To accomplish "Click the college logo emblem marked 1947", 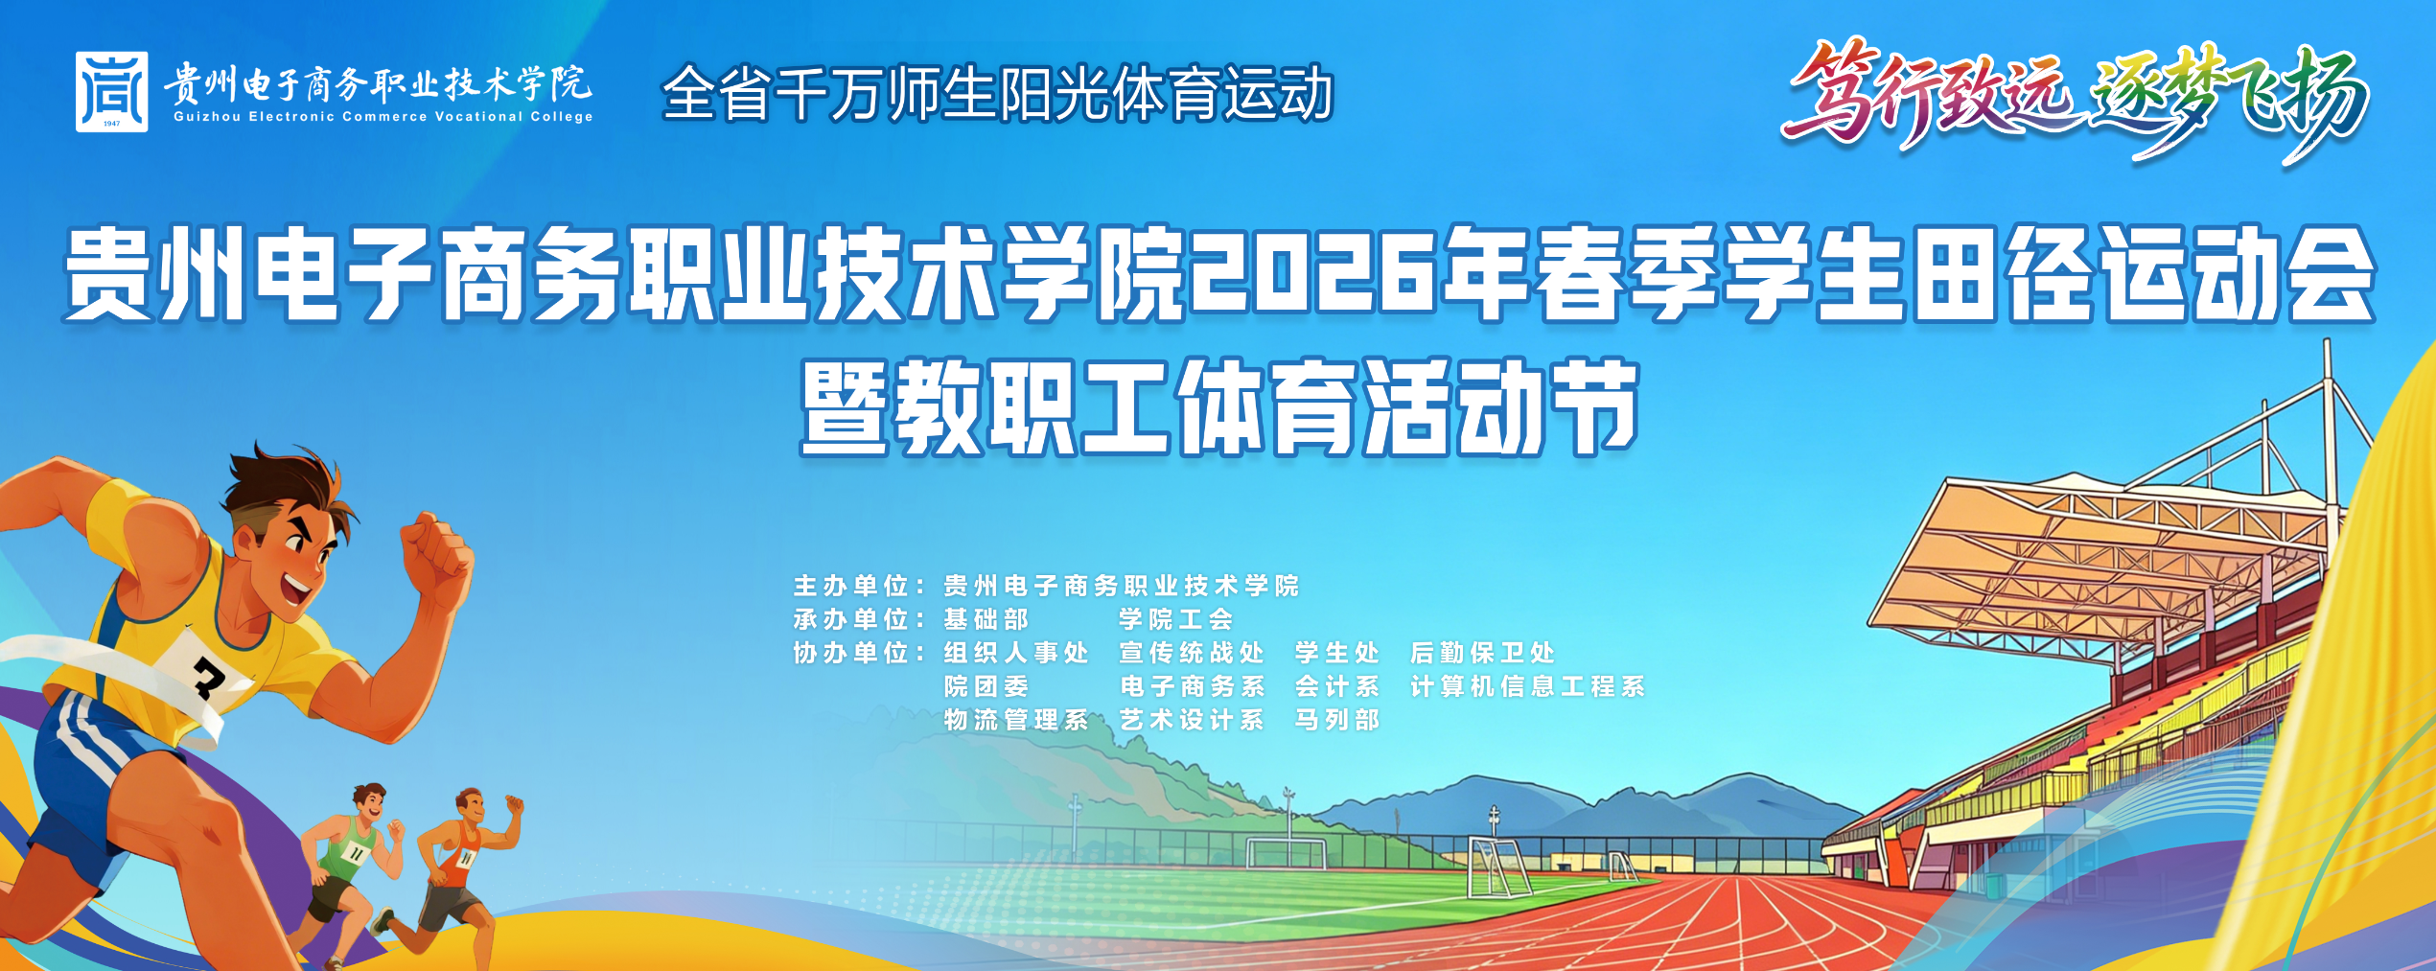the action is point(112,92).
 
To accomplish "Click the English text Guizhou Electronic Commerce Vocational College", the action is point(383,117).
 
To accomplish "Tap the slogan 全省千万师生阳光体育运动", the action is point(998,93).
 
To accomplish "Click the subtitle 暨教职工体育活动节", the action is point(1219,407).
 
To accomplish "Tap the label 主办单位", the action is point(850,586).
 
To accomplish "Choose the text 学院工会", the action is point(1176,619).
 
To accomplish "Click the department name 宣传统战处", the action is point(1192,653).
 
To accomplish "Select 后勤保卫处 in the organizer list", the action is point(1483,653).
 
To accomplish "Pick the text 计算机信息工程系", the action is point(1528,686).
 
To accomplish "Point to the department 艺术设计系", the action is point(1192,720).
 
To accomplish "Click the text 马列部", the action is point(1337,720).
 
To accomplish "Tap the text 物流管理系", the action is point(1016,720).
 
